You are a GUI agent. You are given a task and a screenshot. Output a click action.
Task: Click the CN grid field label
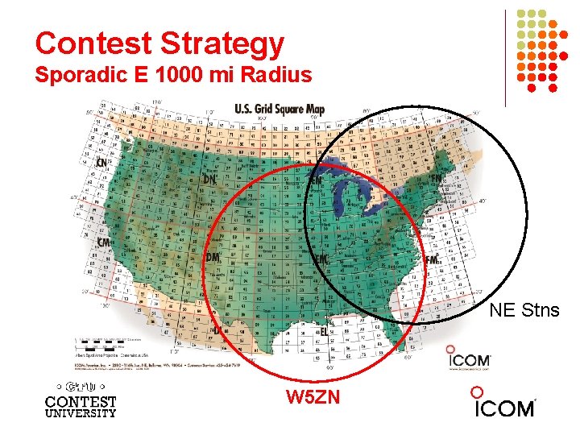pos(101,162)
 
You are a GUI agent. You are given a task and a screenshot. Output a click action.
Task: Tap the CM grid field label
pos(104,242)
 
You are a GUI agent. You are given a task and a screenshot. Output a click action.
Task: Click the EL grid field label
pos(324,331)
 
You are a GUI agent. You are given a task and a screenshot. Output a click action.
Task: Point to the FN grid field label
pos(436,178)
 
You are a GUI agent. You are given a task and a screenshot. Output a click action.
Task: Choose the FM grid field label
pos(431,259)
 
